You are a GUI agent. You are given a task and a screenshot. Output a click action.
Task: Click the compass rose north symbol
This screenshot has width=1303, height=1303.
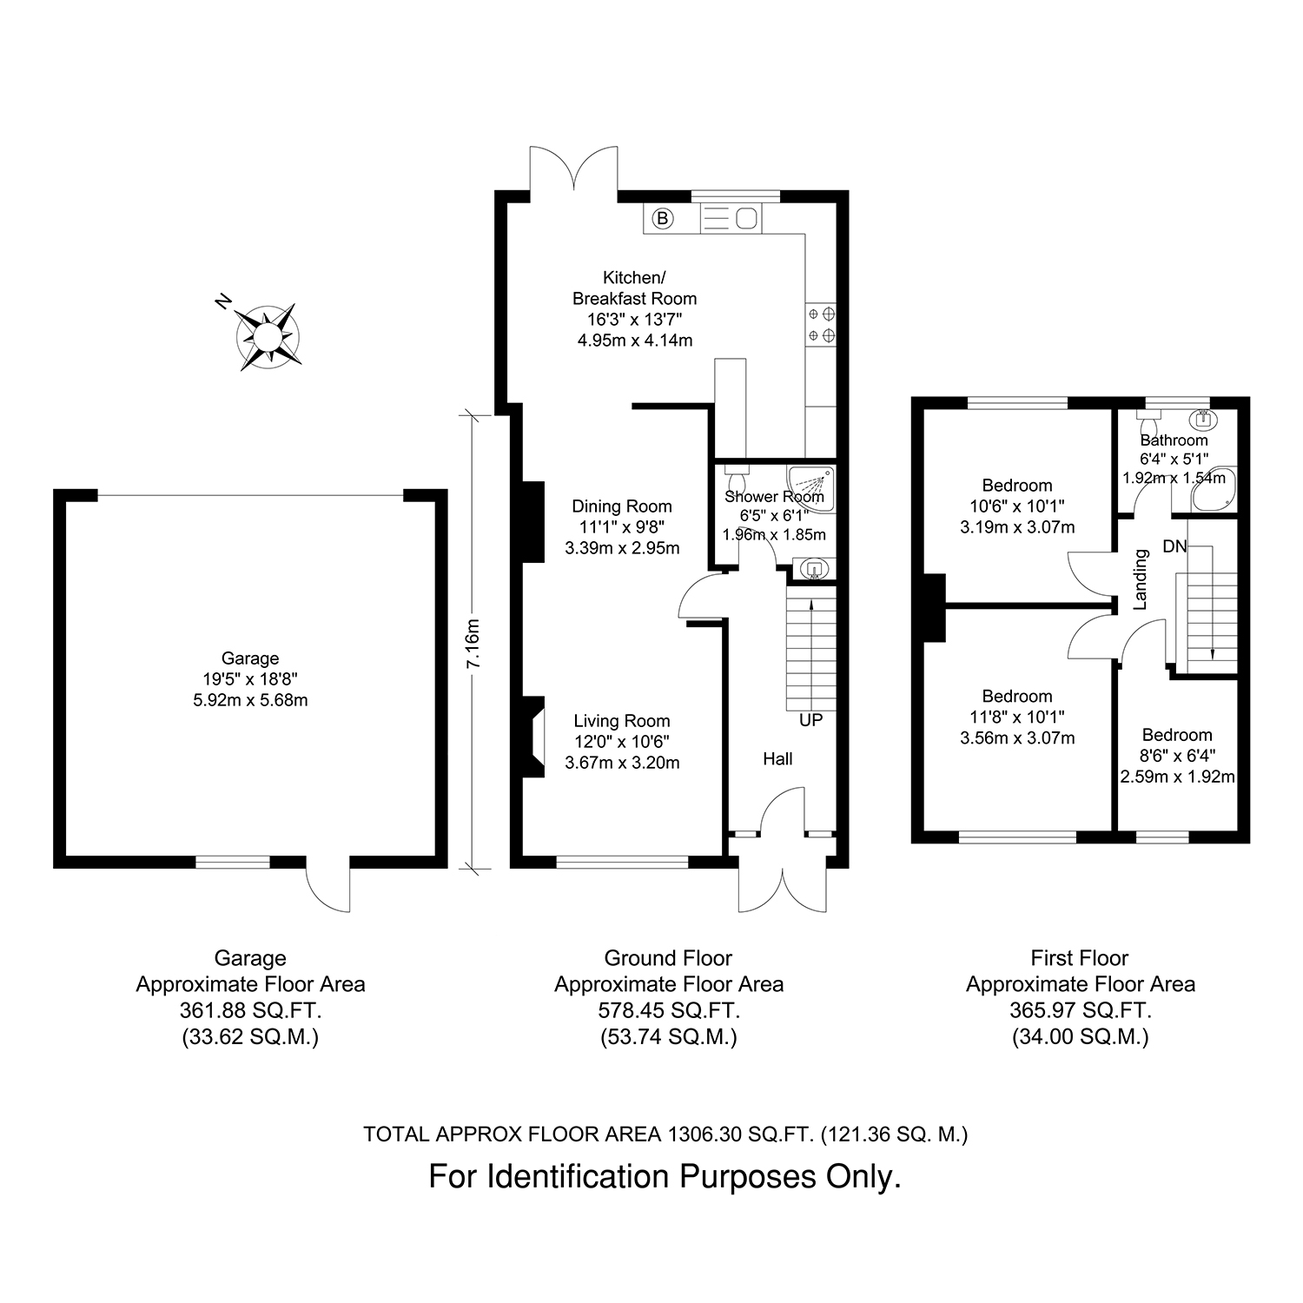[x=268, y=335]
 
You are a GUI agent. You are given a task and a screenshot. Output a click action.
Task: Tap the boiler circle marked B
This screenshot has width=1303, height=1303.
[x=663, y=218]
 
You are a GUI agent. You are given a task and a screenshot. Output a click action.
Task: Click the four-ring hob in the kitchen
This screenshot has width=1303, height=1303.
[x=821, y=323]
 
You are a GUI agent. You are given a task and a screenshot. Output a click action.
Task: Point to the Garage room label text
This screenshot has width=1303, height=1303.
[x=250, y=658]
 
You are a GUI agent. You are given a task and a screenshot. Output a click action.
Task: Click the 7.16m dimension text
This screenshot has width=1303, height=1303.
[x=473, y=644]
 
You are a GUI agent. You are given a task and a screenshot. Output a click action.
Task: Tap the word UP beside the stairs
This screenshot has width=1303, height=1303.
[x=810, y=720]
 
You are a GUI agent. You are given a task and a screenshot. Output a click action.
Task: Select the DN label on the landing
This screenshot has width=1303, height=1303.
[x=1174, y=546]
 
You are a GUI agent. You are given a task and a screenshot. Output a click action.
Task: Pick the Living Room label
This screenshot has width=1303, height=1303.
[x=622, y=721]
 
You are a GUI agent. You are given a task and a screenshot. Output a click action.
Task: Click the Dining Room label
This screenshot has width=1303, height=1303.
[x=622, y=506]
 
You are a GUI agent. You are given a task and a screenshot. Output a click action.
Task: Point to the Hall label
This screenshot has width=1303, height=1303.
[x=777, y=759]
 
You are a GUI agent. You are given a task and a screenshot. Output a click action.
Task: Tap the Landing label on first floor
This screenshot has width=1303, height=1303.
[x=1141, y=579]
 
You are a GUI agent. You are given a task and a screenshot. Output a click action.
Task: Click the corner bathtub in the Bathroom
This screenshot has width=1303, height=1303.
[x=1214, y=491]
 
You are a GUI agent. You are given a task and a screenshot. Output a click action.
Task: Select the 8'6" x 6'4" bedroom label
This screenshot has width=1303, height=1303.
[x=1177, y=756]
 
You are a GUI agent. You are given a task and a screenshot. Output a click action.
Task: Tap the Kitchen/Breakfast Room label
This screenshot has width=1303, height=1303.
[x=635, y=288]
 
